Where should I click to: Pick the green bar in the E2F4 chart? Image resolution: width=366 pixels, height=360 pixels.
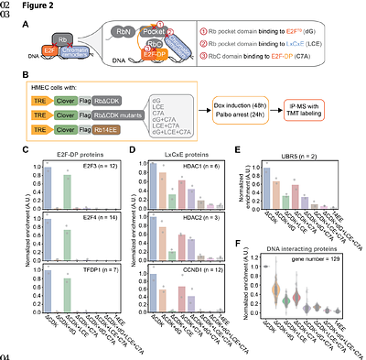click(67, 245)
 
